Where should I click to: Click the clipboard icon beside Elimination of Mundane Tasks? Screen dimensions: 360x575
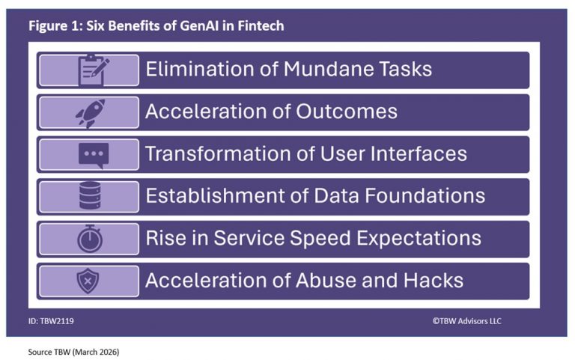[94, 70]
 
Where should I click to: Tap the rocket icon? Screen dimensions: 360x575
[91, 112]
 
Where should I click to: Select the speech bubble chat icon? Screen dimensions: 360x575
[93, 154]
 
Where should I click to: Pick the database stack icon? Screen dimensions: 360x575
[90, 196]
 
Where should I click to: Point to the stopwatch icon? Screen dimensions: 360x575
[90, 239]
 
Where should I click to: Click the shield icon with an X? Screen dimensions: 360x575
[89, 281]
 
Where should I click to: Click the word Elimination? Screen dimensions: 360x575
[197, 70]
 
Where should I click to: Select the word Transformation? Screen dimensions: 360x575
[213, 154]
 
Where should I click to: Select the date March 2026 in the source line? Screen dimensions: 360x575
[93, 351]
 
